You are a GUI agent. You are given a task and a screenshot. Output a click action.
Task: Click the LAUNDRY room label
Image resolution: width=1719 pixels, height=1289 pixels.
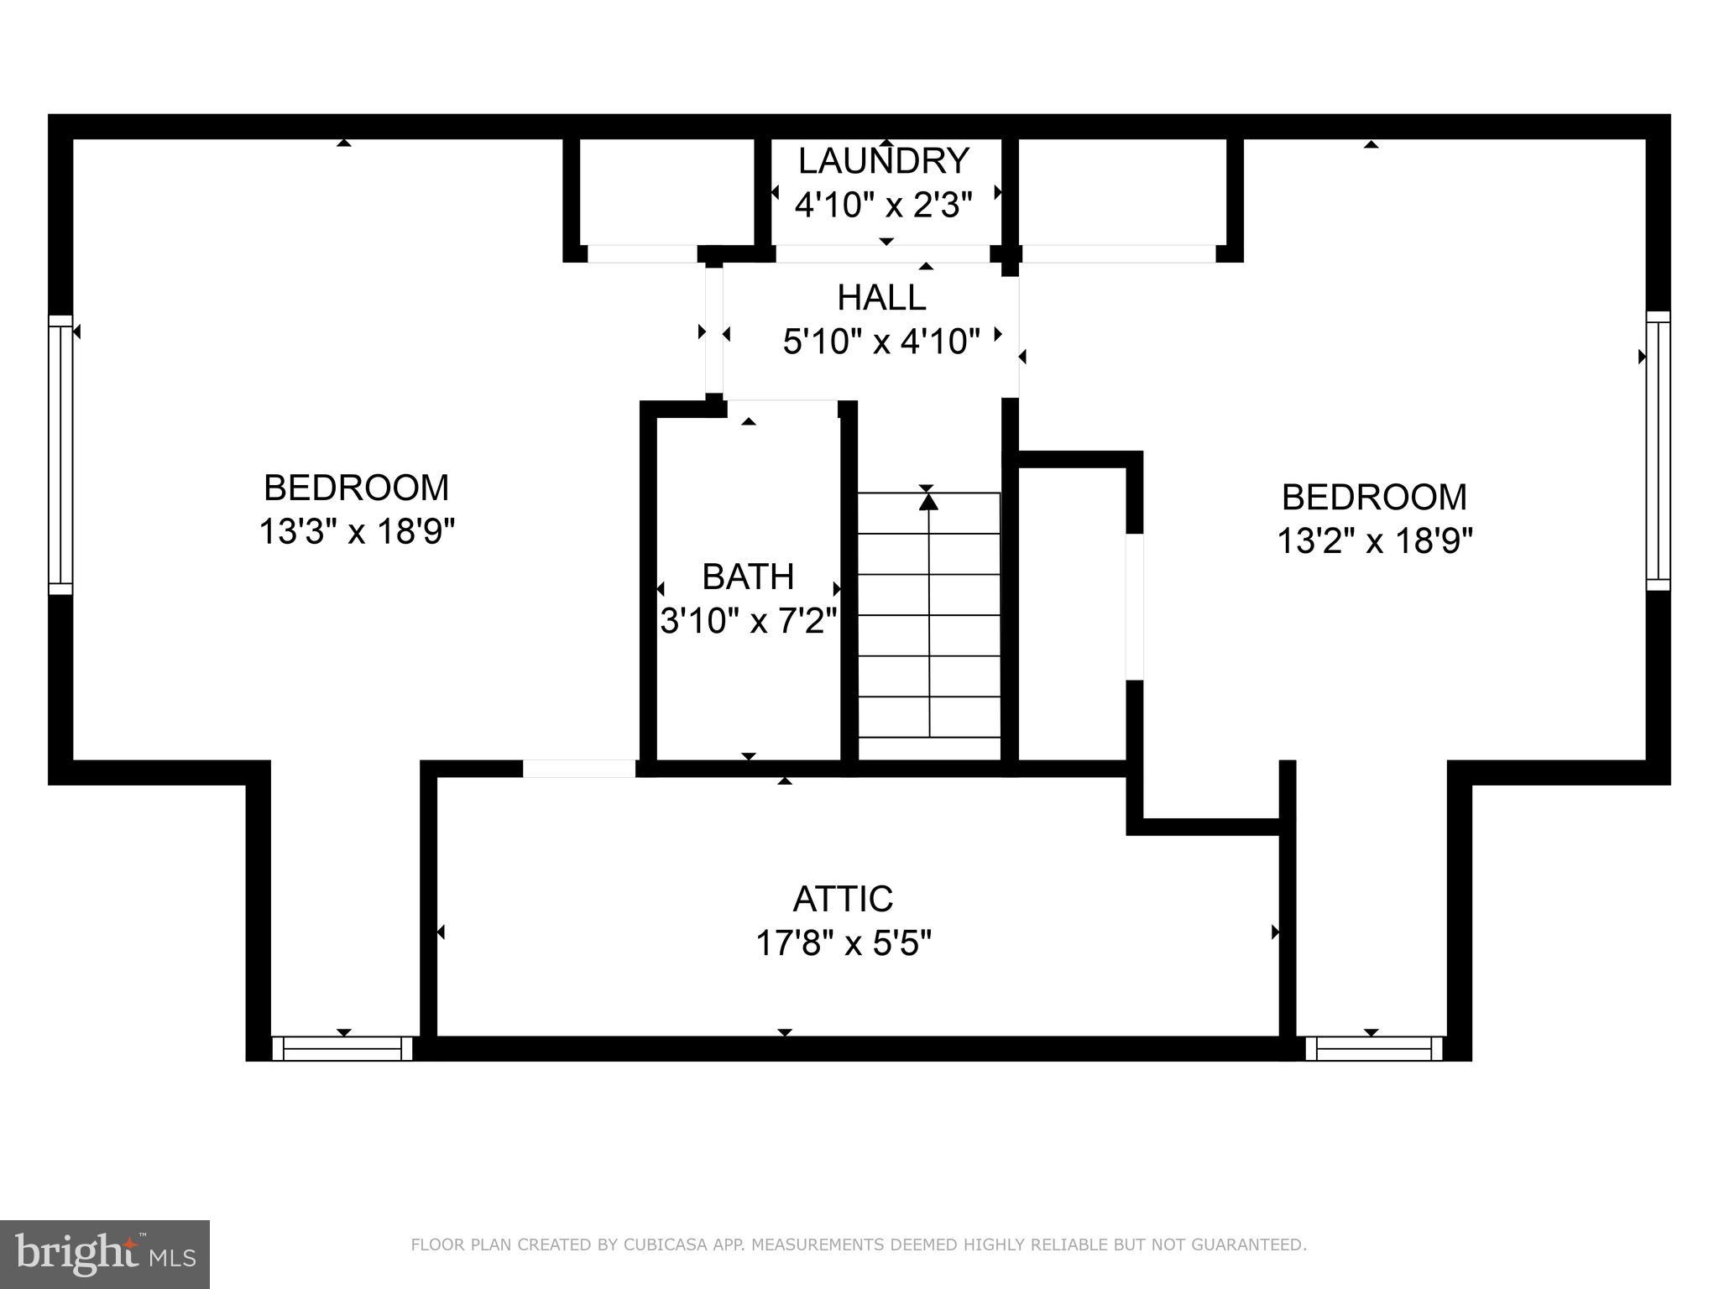[883, 160]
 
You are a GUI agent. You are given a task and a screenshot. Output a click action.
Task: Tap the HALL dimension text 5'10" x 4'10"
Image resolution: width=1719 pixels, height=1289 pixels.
[881, 342]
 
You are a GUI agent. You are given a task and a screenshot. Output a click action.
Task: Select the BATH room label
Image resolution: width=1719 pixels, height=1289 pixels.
[748, 577]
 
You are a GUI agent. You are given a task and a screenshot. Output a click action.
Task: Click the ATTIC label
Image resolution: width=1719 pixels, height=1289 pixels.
[843, 899]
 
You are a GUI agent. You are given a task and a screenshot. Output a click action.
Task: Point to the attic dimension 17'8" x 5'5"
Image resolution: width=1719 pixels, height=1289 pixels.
[844, 943]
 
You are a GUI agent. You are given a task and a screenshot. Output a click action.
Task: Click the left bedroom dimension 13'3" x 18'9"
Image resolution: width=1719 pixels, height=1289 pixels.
[357, 531]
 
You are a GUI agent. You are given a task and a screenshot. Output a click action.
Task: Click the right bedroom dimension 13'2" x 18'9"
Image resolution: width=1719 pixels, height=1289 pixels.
[1375, 540]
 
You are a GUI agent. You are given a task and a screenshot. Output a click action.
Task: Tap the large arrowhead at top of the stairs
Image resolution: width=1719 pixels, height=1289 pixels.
[927, 502]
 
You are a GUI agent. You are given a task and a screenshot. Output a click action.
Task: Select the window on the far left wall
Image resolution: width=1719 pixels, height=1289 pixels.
[60, 455]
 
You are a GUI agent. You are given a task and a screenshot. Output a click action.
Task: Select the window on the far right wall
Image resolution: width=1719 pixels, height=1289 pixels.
[1658, 451]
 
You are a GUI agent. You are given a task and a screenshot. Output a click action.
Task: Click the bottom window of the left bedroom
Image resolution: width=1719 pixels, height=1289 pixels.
[342, 1048]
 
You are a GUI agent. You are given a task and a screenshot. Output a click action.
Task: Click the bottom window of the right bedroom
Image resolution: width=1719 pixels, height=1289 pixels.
[1373, 1048]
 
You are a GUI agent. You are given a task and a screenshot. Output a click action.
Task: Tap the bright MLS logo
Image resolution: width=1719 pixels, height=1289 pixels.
[105, 1255]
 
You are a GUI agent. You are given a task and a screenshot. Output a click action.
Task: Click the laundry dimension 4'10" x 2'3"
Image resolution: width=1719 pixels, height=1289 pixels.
[883, 205]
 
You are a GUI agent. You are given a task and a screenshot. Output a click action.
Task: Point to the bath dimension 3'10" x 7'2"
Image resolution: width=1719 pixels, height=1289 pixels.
[748, 621]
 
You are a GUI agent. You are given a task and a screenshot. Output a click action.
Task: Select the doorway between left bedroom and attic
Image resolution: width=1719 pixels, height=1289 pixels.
[579, 768]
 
